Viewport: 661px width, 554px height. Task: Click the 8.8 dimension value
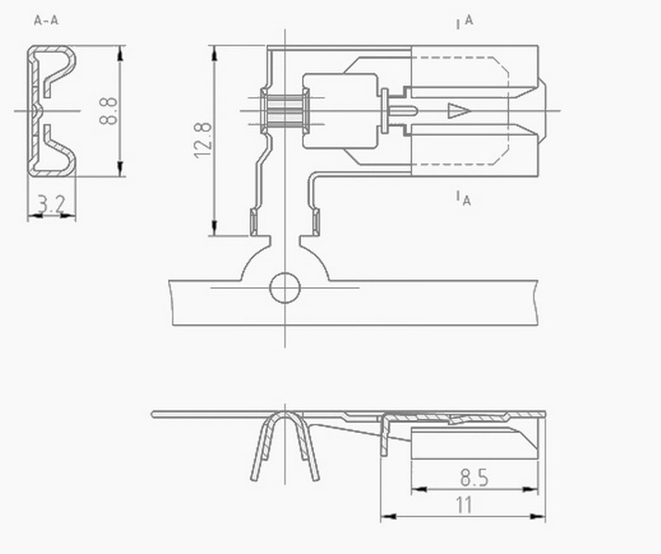pyautogui.click(x=108, y=111)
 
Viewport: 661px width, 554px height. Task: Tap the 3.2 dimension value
pyautogui.click(x=52, y=204)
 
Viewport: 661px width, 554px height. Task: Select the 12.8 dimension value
pyautogui.click(x=203, y=140)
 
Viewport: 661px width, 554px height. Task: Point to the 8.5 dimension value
pyautogui.click(x=475, y=478)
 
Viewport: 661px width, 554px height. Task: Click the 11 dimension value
pyautogui.click(x=464, y=505)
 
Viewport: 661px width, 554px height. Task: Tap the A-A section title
pyautogui.click(x=46, y=19)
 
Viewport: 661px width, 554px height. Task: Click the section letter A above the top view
pyautogui.click(x=469, y=20)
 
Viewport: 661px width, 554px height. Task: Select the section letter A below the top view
pyautogui.click(x=466, y=200)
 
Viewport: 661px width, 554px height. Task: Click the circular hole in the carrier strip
pyautogui.click(x=285, y=288)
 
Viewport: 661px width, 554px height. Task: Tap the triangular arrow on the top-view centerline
pyautogui.click(x=459, y=111)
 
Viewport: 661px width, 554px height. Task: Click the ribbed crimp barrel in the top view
pyautogui.click(x=285, y=112)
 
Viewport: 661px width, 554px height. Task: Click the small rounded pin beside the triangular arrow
pyautogui.click(x=403, y=111)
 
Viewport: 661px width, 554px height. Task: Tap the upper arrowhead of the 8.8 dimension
pyautogui.click(x=121, y=54)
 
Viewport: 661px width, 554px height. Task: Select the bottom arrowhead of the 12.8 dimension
pyautogui.click(x=214, y=228)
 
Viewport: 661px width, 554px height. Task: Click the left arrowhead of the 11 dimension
pyautogui.click(x=389, y=516)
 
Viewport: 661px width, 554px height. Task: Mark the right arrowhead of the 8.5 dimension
pyautogui.click(x=530, y=489)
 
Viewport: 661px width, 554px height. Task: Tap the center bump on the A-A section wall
pyautogui.click(x=38, y=111)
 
